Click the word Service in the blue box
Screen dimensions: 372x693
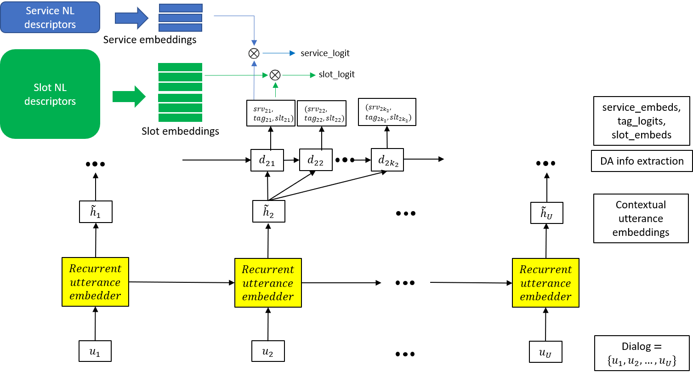(43, 11)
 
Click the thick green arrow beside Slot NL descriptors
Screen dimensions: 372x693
(129, 97)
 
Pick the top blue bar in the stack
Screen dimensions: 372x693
(181, 8)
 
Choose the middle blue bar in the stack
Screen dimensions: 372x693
(181, 18)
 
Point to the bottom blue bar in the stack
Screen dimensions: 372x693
(181, 28)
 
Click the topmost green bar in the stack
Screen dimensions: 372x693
(180, 67)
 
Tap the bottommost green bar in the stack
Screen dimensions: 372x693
(180, 118)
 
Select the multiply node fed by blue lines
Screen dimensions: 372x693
(254, 53)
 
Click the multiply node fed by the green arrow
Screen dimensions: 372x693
(275, 75)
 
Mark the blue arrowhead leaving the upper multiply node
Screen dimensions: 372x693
(292, 53)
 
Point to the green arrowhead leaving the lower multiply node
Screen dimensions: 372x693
(313, 75)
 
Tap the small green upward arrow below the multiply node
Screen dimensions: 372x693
(275, 89)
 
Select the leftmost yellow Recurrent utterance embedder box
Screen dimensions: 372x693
(95, 282)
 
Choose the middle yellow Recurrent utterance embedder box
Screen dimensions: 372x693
(268, 283)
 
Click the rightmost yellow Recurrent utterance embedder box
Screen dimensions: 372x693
(545, 283)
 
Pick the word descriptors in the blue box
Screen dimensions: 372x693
(50, 24)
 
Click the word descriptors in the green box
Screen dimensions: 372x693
(50, 101)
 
